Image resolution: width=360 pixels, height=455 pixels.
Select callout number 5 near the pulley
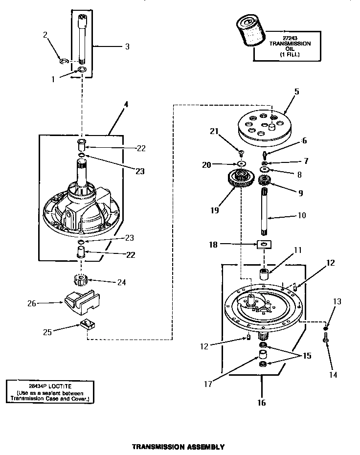click(x=296, y=91)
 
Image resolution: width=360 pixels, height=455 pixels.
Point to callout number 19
click(x=215, y=210)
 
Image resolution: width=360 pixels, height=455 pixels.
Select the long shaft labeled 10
click(x=264, y=213)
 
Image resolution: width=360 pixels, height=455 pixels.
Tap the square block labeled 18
click(x=263, y=244)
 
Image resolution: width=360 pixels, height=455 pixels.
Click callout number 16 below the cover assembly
click(x=262, y=403)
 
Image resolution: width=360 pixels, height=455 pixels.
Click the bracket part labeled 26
click(x=79, y=303)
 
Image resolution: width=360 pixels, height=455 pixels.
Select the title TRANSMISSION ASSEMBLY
click(x=179, y=447)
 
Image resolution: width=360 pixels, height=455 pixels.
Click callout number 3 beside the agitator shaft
click(x=127, y=46)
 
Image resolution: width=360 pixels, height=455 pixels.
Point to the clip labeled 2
click(x=63, y=61)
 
